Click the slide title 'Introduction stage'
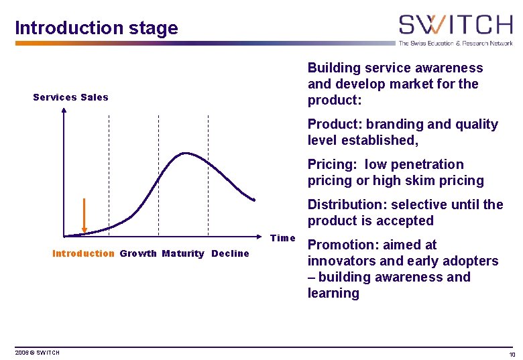click(x=97, y=28)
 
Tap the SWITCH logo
click(x=455, y=25)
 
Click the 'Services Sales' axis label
click(x=70, y=97)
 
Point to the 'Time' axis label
click(x=282, y=238)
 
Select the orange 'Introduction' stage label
click(x=83, y=253)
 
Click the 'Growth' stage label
click(x=137, y=253)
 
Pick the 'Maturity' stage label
click(x=182, y=253)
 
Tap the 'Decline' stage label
click(x=230, y=253)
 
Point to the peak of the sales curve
click(x=184, y=154)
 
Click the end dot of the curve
click(x=253, y=199)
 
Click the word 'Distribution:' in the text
click(x=346, y=204)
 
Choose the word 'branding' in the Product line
click(x=393, y=124)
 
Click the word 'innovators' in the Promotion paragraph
click(x=341, y=261)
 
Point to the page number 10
click(x=512, y=354)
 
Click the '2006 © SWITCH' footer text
click(x=38, y=353)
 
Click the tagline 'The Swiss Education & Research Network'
click(x=455, y=43)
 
